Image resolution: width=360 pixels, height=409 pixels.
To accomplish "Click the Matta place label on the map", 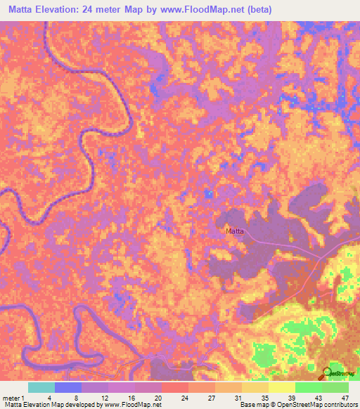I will [234, 231].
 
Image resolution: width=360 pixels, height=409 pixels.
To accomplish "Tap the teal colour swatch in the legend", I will [41, 387].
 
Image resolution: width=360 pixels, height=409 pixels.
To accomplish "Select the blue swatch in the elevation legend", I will [68, 387].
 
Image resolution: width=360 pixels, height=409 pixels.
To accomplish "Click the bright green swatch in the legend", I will [309, 387].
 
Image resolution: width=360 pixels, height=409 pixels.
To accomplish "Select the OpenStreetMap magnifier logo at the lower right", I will [327, 372].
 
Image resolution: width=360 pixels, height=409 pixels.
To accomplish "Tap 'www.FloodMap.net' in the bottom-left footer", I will [131, 405].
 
